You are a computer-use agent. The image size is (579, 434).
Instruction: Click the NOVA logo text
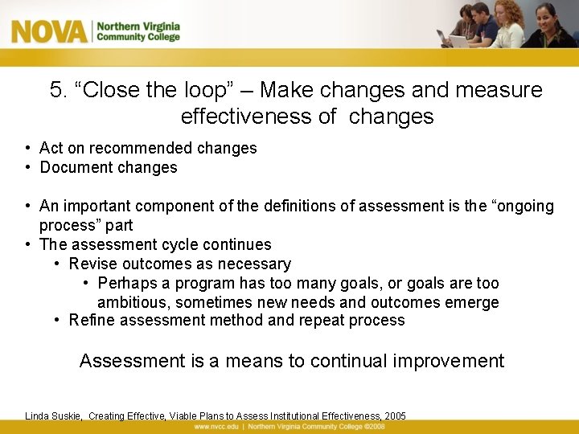[x=49, y=32]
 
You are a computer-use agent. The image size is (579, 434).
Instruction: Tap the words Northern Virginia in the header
[x=138, y=26]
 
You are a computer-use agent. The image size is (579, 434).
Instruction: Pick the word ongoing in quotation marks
[x=523, y=207]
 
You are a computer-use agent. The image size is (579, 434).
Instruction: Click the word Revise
[x=92, y=264]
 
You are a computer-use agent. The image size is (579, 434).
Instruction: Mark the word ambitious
[x=132, y=303]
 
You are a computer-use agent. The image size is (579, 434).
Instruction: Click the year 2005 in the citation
[x=395, y=416]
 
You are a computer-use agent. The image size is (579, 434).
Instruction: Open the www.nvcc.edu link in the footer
[x=217, y=427]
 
